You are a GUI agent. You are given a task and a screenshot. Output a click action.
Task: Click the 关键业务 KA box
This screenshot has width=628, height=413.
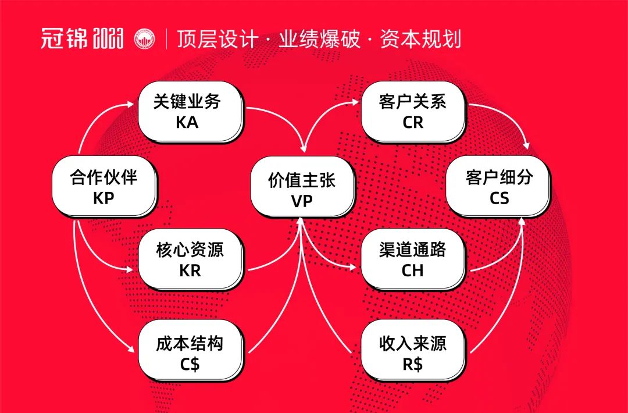(x=189, y=112)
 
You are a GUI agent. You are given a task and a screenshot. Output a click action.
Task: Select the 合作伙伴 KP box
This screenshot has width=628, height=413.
(x=104, y=187)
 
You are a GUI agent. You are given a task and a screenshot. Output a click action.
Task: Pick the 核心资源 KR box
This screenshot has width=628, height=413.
(x=190, y=260)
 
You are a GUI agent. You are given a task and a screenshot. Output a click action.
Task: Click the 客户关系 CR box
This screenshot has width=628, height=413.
(x=412, y=112)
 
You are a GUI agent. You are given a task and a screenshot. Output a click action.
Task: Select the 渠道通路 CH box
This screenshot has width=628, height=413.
(x=412, y=260)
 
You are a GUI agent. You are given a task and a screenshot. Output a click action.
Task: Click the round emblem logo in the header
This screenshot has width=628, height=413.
(x=145, y=39)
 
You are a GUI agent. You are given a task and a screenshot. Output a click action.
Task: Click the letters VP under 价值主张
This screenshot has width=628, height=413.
(x=302, y=200)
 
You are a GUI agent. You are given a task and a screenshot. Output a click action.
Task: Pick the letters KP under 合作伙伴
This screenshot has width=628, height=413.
(x=104, y=198)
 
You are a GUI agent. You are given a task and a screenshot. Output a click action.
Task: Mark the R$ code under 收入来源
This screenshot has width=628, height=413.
(x=412, y=363)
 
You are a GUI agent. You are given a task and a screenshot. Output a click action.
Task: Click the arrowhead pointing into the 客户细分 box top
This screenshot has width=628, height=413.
(x=527, y=145)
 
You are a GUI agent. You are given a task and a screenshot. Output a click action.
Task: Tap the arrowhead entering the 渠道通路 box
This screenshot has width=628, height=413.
(x=353, y=268)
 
